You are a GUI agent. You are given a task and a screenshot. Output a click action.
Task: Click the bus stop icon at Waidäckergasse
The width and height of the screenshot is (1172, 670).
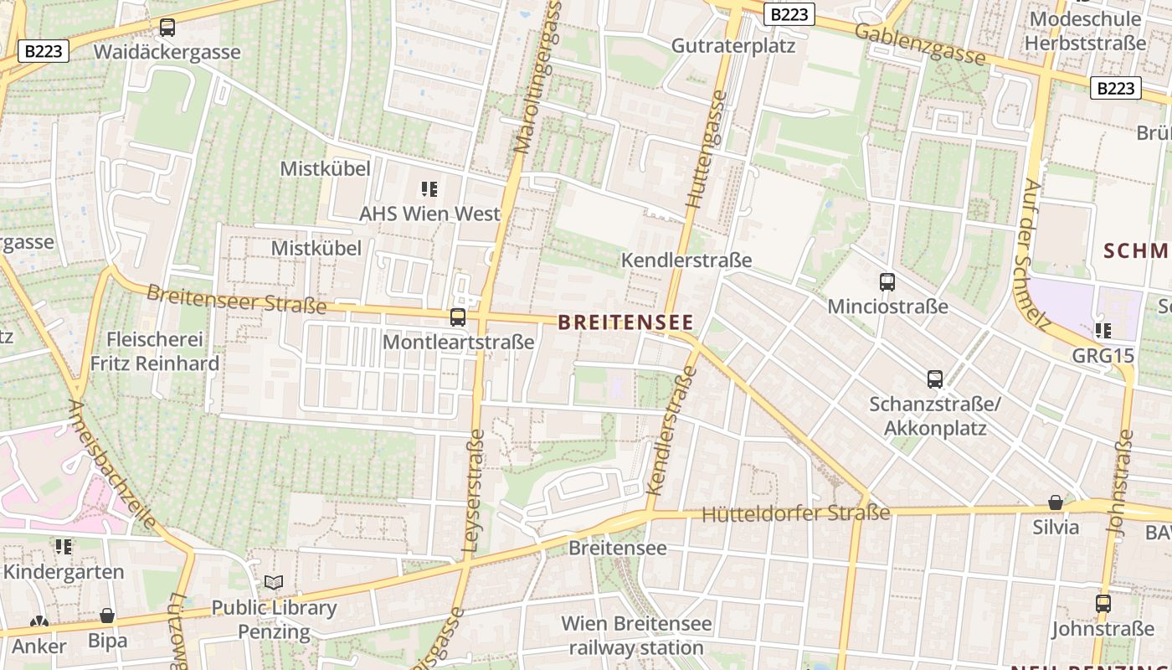167,28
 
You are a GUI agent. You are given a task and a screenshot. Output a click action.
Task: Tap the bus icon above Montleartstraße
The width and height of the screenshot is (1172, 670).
458,317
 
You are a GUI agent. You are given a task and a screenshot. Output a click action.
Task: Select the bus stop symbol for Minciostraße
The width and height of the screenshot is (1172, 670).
887,282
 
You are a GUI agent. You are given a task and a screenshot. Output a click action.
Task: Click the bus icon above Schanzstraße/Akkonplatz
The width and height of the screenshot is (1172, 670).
935,379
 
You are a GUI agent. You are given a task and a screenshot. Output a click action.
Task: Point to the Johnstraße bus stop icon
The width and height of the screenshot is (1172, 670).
1103,603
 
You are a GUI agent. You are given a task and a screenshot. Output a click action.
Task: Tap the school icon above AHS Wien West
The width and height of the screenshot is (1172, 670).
429,189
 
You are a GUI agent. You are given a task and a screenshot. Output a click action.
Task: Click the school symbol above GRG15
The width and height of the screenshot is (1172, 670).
1103,331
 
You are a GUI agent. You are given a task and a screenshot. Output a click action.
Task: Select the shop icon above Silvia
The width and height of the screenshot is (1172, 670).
1056,502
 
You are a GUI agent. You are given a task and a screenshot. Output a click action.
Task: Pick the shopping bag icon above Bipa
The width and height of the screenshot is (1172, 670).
107,616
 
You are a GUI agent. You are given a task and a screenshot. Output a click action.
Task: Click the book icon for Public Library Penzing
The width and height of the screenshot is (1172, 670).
274,582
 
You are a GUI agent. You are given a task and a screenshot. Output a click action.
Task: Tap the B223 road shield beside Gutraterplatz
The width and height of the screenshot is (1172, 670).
789,14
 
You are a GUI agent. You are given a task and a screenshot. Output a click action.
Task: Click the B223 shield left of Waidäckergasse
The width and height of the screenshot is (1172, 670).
44,51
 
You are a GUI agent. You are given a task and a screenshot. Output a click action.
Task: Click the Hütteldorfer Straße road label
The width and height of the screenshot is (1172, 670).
795,513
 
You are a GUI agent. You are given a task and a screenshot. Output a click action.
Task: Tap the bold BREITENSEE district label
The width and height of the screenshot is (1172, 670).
625,322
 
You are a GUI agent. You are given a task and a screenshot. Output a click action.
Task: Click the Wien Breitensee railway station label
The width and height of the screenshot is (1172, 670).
636,636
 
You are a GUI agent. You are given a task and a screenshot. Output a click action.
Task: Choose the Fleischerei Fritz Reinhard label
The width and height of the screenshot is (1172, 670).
155,352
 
